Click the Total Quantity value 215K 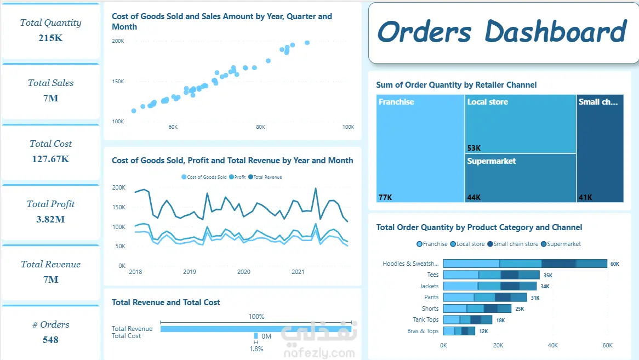click(50, 38)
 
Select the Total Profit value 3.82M click(50, 219)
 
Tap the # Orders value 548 click(50, 340)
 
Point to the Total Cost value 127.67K click(50, 159)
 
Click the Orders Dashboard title click(502, 31)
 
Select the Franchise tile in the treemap click(420, 148)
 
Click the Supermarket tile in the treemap click(521, 178)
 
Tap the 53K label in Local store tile click(474, 148)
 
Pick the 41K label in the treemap click(585, 197)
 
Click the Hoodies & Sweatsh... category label click(410, 264)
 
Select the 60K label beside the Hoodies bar click(614, 264)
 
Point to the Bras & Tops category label click(423, 331)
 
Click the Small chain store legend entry click(512, 244)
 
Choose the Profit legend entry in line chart click(237, 177)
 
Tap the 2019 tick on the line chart click(190, 272)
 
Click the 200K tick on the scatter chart click(118, 41)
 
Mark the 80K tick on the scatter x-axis click(260, 127)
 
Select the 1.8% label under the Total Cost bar click(256, 349)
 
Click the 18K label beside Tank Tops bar click(500, 321)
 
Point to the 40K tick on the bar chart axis click(552, 345)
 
